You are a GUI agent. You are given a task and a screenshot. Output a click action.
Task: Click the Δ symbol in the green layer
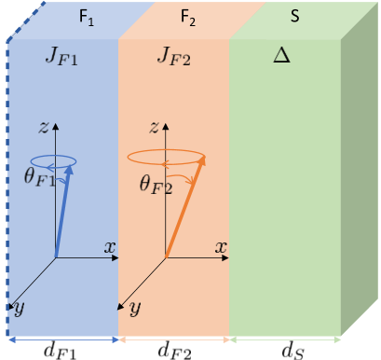pyautogui.click(x=281, y=56)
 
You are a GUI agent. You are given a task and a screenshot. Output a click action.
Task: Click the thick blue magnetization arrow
pyautogui.click(x=63, y=210)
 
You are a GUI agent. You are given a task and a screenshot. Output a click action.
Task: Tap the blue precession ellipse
pyautogui.click(x=54, y=160)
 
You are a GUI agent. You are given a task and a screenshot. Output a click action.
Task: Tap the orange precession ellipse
pyautogui.click(x=166, y=155)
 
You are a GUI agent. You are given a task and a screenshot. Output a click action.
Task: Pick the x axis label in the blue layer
pyautogui.click(x=109, y=247)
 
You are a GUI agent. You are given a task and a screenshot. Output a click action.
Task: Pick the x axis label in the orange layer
pyautogui.click(x=220, y=247)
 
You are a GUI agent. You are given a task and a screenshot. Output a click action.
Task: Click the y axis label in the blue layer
pyautogui.click(x=19, y=307)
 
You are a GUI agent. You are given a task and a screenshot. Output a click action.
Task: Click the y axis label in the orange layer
pyautogui.click(x=135, y=307)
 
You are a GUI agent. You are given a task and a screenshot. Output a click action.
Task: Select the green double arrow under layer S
pyautogui.click(x=284, y=339)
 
